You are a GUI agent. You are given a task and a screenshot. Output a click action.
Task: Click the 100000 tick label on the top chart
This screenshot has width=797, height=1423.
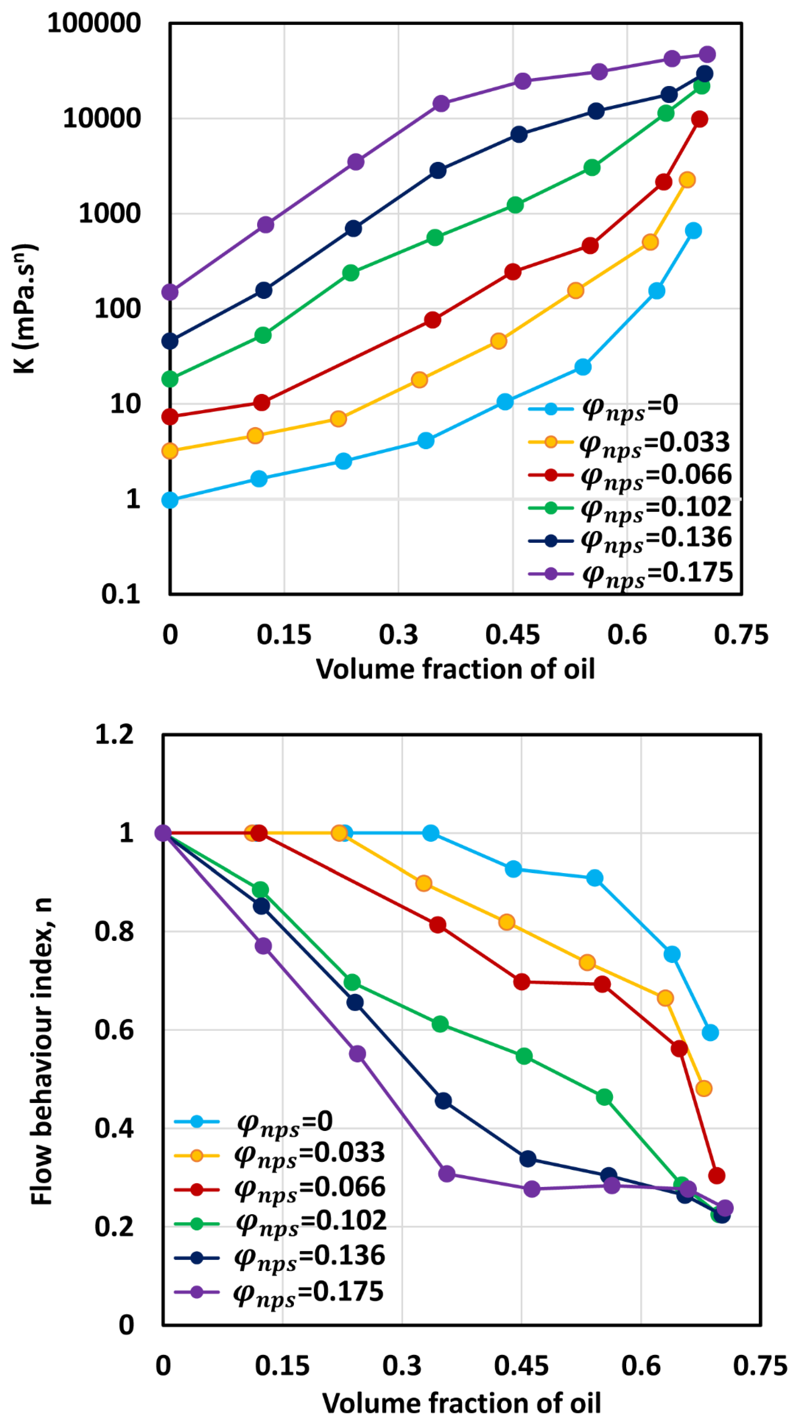point(94,23)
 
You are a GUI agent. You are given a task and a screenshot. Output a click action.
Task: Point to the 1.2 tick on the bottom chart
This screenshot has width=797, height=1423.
point(114,735)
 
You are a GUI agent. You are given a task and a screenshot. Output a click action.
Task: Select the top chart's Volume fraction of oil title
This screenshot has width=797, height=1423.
point(455,669)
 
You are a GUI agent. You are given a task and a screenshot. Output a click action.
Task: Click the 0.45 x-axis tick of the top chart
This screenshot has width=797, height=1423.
point(512,635)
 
